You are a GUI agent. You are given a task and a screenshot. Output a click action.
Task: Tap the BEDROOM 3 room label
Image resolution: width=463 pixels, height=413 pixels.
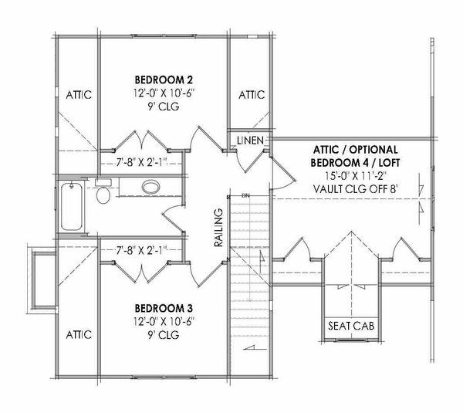pyautogui.click(x=163, y=304)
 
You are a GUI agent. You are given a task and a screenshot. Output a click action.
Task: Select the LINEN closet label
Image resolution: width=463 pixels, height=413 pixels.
pyautogui.click(x=252, y=140)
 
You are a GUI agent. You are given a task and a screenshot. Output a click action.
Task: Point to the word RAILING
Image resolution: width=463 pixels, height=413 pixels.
pyautogui.click(x=219, y=228)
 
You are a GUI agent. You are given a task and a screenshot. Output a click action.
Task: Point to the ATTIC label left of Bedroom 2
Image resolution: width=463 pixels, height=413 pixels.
pyautogui.click(x=77, y=95)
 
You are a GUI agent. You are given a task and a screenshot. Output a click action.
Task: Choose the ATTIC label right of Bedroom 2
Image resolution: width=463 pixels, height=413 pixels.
pyautogui.click(x=251, y=95)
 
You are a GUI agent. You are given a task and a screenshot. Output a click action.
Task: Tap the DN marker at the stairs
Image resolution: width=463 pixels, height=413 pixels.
pyautogui.click(x=245, y=195)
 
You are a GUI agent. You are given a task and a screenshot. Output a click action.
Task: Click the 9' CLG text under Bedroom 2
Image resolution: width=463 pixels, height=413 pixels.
pyautogui.click(x=163, y=108)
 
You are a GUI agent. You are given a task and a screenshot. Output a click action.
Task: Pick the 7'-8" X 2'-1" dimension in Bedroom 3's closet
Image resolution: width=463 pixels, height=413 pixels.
pyautogui.click(x=142, y=250)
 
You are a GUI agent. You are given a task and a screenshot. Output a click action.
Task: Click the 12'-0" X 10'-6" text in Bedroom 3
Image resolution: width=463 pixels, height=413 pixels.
pyautogui.click(x=163, y=318)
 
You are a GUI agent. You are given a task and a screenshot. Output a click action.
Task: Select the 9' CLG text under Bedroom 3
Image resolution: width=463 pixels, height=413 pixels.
pyautogui.click(x=163, y=332)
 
